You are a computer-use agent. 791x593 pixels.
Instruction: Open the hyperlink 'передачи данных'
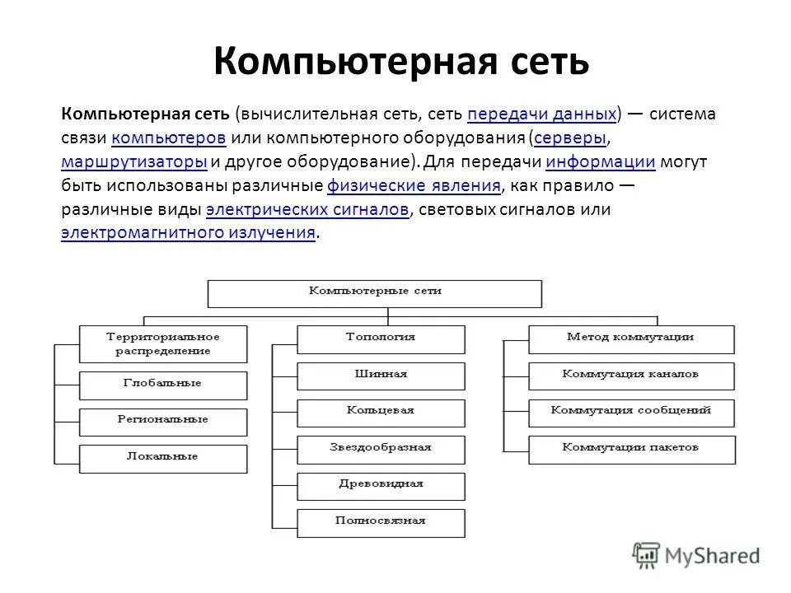[542, 114]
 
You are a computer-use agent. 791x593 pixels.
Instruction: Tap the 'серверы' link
[570, 138]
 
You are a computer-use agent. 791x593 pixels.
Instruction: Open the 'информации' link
[600, 161]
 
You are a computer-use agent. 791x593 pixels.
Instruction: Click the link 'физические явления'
[414, 185]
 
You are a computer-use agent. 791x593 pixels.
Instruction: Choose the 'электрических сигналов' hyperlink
[307, 209]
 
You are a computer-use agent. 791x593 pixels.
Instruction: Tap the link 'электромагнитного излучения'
[189, 233]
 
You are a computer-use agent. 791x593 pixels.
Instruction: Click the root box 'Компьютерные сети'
[375, 292]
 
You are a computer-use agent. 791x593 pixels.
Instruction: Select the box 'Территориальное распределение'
[163, 343]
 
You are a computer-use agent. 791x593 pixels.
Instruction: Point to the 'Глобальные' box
[163, 384]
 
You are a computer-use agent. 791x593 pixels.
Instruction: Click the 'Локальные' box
[163, 457]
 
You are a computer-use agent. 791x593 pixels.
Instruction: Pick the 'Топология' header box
[381, 338]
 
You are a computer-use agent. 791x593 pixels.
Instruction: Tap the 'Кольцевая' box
[381, 411]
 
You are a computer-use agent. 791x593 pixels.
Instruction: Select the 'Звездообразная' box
[381, 448]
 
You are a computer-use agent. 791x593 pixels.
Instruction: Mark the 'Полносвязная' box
[381, 521]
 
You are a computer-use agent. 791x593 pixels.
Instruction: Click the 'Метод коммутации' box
[630, 338]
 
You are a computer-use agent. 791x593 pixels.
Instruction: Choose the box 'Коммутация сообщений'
[630, 411]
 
